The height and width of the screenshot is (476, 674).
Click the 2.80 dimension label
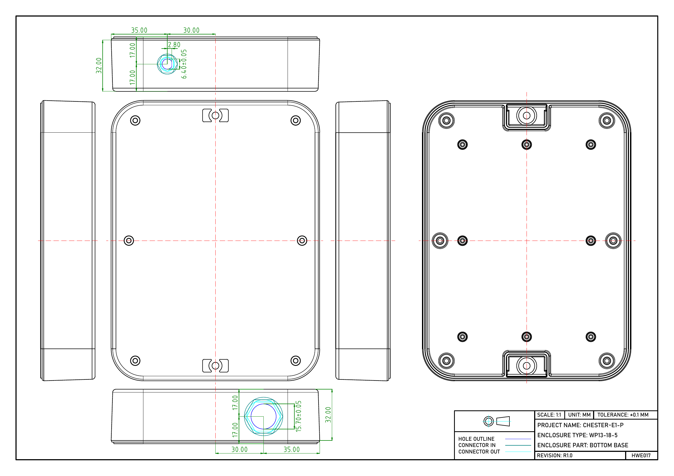tap(174, 44)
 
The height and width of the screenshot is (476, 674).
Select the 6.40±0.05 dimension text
tap(184, 64)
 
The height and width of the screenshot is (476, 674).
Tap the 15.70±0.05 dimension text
tap(298, 416)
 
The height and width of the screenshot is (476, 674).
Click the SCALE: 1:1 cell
tap(549, 415)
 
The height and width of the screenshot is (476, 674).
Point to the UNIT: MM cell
tap(579, 415)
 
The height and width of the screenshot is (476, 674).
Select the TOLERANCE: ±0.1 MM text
tap(623, 415)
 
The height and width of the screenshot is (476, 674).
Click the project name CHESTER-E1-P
tap(580, 425)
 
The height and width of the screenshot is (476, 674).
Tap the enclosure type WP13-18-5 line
tap(577, 435)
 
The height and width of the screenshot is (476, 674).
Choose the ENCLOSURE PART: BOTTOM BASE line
tap(583, 445)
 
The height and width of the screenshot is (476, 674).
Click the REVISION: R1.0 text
tap(555, 455)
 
